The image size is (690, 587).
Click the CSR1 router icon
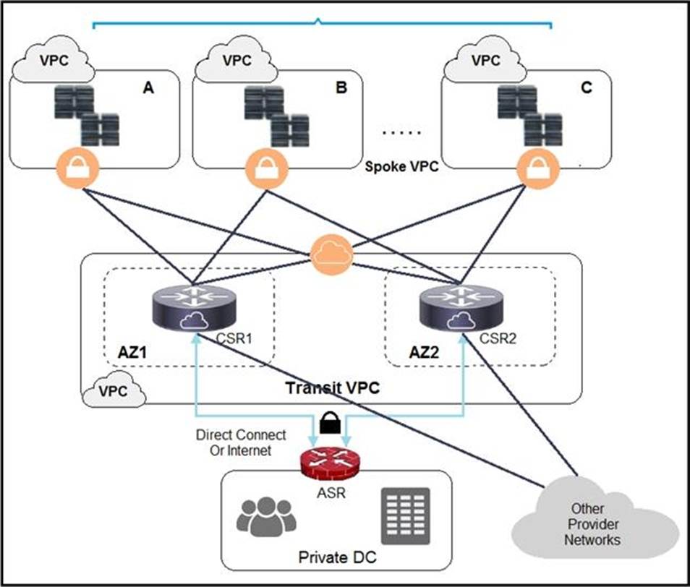coord(193,308)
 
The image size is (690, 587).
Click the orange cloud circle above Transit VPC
coord(331,254)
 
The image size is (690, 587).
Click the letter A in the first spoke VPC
coord(148,88)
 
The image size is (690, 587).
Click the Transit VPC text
coord(332,388)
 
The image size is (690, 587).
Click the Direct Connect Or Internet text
coord(241,443)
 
